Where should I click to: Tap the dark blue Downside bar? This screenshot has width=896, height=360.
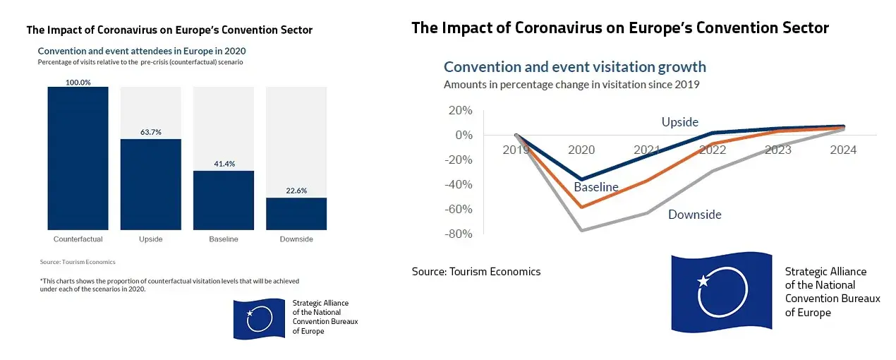pos(296,213)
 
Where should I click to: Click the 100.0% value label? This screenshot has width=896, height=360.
pos(78,83)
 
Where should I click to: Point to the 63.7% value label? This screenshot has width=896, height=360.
pos(151,132)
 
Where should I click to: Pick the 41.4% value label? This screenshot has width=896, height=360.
pos(224,164)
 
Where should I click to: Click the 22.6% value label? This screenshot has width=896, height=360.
pos(296,191)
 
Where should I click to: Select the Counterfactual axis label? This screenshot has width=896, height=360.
pos(78,239)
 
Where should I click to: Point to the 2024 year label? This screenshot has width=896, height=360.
pos(843,150)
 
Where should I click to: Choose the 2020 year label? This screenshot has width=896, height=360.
pos(581,150)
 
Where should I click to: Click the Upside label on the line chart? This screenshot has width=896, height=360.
pos(679,122)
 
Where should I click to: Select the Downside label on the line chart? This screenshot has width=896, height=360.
pos(695,215)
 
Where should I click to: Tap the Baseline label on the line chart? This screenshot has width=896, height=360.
pos(596,187)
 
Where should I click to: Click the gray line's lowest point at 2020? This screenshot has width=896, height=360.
pos(581,230)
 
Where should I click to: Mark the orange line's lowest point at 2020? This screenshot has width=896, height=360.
pos(581,207)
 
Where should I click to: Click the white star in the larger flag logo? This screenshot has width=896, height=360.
pos(703,281)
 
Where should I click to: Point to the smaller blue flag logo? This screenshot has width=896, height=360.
pos(258,319)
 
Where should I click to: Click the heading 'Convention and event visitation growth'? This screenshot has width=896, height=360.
pos(575,67)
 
